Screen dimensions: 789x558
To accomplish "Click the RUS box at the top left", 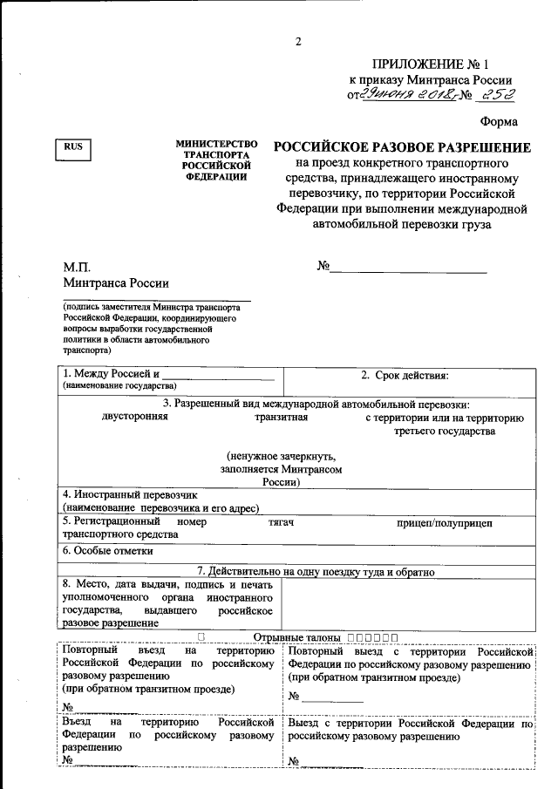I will point(74,148).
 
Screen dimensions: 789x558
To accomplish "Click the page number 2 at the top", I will point(297,41).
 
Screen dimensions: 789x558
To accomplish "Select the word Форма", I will point(499,122).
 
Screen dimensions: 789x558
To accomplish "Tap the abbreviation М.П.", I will point(77,267).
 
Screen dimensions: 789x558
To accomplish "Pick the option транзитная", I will point(282,417).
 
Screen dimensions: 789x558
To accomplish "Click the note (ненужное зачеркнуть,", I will point(281,456).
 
